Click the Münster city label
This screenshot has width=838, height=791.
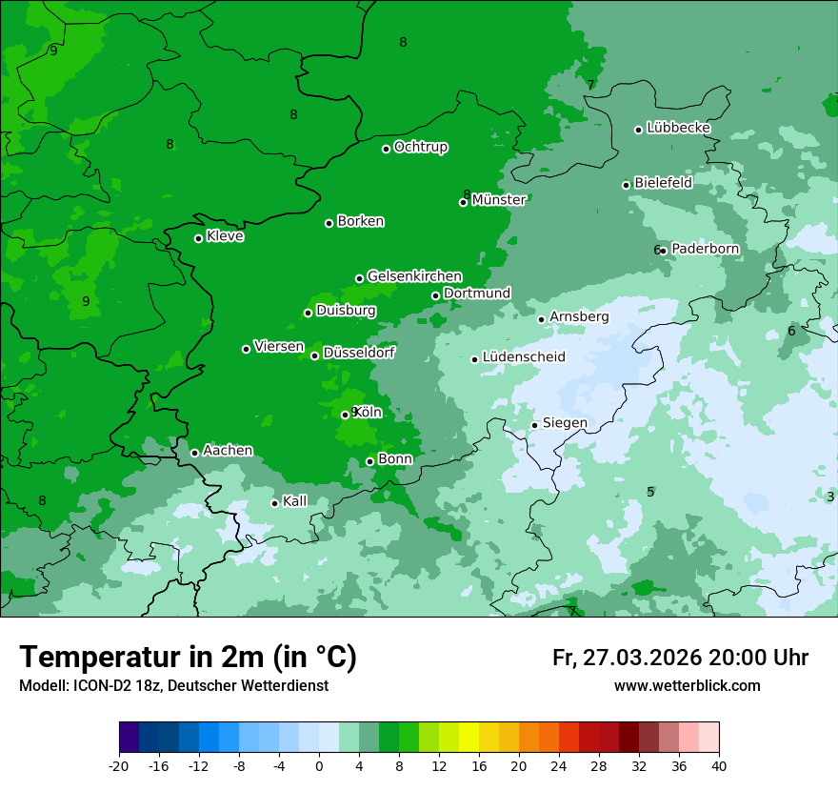(499, 200)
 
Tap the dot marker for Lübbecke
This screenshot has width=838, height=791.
(638, 130)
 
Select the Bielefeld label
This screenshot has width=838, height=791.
(663, 183)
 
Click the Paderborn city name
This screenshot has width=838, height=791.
(705, 249)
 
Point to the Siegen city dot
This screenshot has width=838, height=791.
(534, 425)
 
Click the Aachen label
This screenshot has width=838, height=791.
(228, 451)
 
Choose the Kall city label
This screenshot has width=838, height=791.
(295, 501)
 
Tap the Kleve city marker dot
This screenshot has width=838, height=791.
(198, 238)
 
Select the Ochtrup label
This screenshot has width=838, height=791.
(420, 147)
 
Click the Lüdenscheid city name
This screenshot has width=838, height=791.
(524, 357)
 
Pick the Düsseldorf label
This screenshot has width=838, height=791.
(359, 353)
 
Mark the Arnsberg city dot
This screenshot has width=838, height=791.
(541, 319)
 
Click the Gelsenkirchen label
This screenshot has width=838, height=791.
(414, 276)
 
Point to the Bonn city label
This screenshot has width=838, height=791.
(395, 459)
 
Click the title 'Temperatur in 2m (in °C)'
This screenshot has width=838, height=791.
(189, 657)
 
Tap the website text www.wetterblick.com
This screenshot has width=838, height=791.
(687, 686)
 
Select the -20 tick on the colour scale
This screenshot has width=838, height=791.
(119, 765)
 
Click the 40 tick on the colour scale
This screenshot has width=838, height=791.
(719, 765)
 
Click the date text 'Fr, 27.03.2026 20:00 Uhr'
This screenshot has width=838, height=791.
(680, 658)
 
